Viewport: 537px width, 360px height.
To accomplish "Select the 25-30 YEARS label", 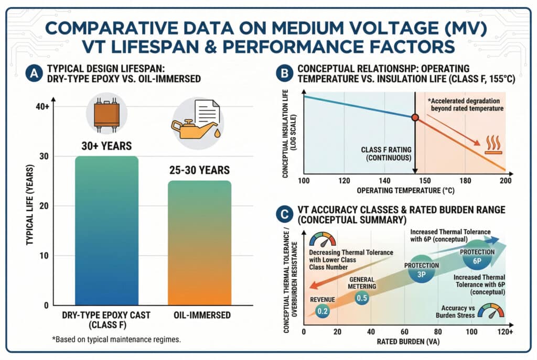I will (x=199, y=170).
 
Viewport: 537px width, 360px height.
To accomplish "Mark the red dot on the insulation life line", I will (x=415, y=117).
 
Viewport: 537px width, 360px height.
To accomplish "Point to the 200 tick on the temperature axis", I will (x=505, y=181).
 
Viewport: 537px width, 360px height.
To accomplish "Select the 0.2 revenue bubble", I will (x=323, y=311).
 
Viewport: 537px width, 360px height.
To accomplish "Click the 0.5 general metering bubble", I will (x=362, y=298).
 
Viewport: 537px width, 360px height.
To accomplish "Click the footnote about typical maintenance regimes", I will (x=115, y=340).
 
